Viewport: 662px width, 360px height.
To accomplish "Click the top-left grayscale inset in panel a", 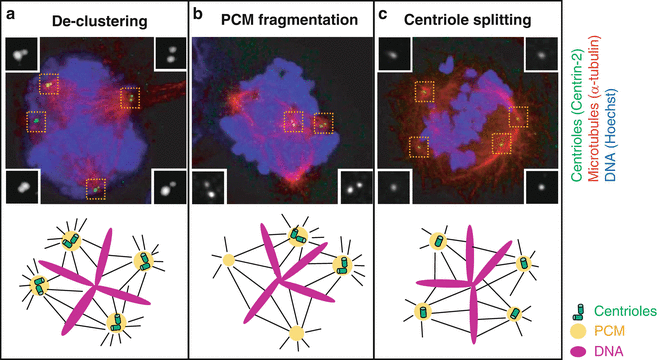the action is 21,55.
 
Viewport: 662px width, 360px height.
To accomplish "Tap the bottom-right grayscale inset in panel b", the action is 353,187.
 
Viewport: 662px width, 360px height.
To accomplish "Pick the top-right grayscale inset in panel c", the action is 541,55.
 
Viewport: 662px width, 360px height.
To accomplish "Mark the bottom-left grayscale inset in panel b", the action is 212,187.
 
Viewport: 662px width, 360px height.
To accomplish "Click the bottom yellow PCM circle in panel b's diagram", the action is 296,331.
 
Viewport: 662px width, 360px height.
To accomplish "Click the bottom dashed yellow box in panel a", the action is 96,187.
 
